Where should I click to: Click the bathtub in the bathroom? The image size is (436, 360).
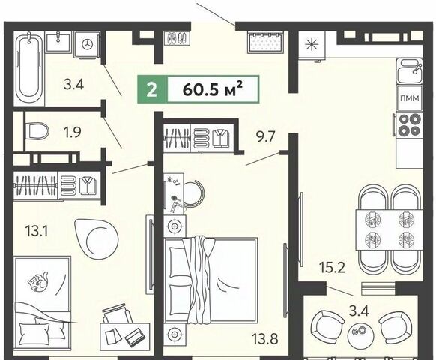pos(29,68)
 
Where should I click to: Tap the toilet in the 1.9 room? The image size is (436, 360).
pos(37,130)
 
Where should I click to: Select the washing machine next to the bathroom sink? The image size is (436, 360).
pos(88,44)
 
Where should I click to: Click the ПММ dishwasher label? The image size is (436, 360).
pos(410,98)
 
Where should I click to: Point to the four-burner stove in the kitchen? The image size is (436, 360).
pos(409,124)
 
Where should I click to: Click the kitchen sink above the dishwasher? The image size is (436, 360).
pos(410,71)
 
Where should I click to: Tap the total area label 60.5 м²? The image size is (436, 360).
pos(213,89)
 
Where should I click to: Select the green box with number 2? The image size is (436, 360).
pos(152,89)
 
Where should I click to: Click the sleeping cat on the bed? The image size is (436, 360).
pos(38,281)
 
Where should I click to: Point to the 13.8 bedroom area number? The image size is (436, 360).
pos(264,339)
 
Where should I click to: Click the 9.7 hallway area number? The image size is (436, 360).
pos(265,136)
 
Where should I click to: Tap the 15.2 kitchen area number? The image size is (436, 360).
pos(332,267)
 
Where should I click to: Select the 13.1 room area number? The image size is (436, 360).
pos(37,231)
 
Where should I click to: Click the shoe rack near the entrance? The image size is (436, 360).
pos(177,37)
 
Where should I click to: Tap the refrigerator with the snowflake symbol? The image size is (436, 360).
pos(312,45)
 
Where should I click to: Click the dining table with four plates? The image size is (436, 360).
pos(390,229)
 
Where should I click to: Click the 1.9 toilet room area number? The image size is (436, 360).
pos(73,132)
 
